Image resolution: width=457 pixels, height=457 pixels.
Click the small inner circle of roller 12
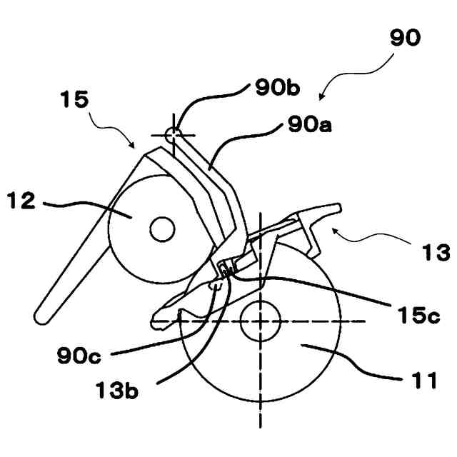163,229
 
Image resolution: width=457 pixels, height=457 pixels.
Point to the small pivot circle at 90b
172,133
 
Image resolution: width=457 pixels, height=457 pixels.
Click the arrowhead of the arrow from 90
321,99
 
